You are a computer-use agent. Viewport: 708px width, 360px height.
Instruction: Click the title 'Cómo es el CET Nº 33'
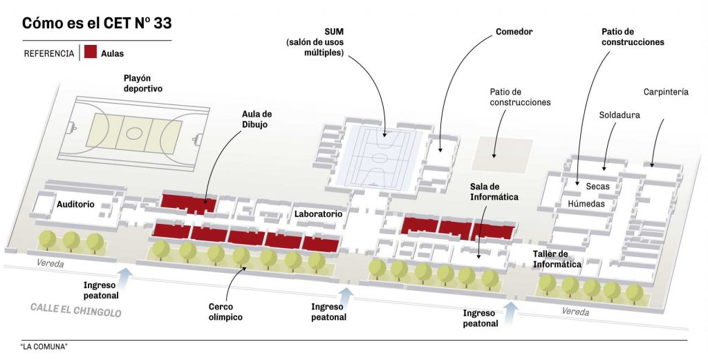(97, 23)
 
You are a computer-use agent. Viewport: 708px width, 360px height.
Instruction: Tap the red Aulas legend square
(90, 53)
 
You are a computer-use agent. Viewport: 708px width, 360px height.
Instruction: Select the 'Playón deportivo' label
(138, 84)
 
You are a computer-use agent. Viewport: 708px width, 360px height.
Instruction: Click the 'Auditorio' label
(76, 205)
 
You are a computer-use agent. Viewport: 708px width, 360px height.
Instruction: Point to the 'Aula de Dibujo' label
(257, 119)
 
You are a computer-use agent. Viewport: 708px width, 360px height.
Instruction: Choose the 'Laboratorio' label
(318, 214)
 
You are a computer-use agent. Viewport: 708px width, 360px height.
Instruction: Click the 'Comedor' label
(514, 32)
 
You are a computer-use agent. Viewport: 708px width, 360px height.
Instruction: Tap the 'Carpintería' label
(666, 92)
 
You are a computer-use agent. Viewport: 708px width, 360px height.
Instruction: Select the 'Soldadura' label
(619, 115)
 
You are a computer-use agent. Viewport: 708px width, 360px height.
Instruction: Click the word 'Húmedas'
(586, 204)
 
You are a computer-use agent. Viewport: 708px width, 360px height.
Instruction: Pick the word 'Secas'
(597, 187)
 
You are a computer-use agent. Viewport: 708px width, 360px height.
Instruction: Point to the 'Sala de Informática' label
(494, 192)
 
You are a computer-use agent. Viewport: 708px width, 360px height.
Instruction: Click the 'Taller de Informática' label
(557, 259)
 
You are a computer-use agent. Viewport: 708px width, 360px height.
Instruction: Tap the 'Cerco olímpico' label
(225, 312)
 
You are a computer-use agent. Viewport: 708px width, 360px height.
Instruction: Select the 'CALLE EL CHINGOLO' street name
(76, 310)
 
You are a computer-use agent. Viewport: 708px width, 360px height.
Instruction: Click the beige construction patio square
(502, 154)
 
